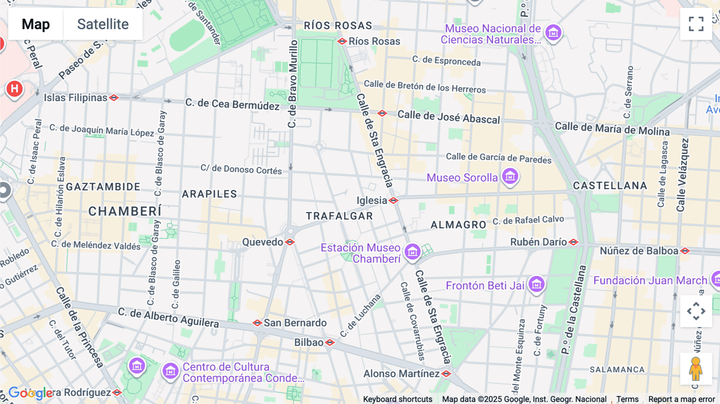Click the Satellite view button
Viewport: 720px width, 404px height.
(x=103, y=24)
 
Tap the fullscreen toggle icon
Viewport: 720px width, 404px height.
(x=696, y=24)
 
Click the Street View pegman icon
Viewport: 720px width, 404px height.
(x=696, y=369)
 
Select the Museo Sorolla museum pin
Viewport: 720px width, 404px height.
(x=510, y=176)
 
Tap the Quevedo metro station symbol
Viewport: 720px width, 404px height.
(x=290, y=242)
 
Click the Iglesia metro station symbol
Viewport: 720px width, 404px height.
(x=393, y=200)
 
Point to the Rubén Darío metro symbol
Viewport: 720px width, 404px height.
(x=573, y=242)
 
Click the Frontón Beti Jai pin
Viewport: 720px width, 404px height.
(x=536, y=284)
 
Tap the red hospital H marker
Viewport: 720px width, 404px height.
(x=14, y=88)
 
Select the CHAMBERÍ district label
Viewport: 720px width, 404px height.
(x=125, y=211)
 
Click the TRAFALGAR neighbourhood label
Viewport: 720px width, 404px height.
(x=339, y=216)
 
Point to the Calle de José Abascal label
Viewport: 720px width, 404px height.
(x=448, y=117)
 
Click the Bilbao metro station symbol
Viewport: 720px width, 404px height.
(x=330, y=342)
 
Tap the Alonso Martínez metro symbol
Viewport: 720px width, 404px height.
(x=446, y=374)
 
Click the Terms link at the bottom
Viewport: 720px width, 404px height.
(x=627, y=399)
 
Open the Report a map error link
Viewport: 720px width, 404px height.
(x=681, y=399)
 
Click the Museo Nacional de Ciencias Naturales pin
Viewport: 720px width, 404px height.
(x=553, y=33)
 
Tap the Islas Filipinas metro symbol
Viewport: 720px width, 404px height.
(x=114, y=98)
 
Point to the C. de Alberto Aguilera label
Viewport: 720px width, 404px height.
(x=168, y=317)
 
